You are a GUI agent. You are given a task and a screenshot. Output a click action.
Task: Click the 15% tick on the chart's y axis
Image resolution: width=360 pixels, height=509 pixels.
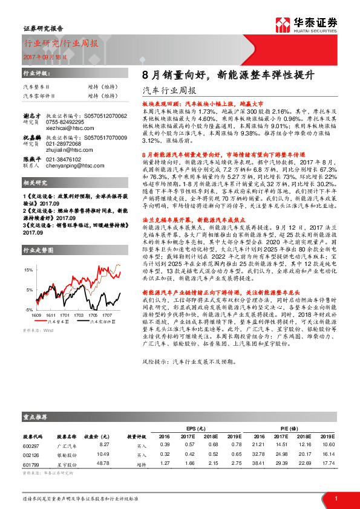(x=28, y=269)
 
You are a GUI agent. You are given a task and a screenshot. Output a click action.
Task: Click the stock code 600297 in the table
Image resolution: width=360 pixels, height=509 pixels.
(x=31, y=444)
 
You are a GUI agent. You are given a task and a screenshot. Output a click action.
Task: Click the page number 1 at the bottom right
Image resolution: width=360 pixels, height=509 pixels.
(x=335, y=498)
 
